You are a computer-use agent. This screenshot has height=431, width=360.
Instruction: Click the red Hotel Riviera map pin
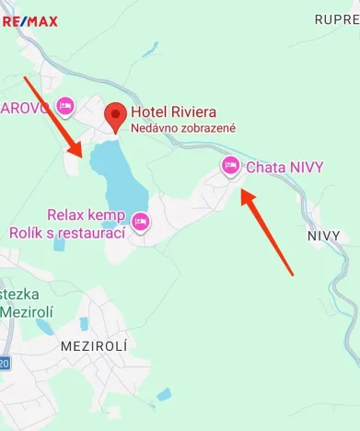(x=115, y=116)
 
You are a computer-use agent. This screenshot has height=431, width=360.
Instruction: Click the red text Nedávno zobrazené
(x=183, y=128)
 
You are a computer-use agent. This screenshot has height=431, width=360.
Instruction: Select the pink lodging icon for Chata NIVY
(x=230, y=166)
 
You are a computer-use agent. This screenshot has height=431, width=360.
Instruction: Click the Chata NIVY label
(x=285, y=167)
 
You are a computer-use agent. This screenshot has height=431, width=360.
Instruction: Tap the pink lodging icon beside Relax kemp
(x=141, y=221)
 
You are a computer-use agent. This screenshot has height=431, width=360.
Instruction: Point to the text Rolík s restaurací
(x=66, y=233)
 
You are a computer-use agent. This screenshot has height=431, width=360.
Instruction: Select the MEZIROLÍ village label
(x=92, y=346)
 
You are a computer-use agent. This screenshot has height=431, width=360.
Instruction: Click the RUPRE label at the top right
(x=336, y=18)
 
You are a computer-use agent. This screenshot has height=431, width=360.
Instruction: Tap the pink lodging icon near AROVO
(x=64, y=106)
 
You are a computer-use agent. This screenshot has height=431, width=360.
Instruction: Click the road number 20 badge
(x=4, y=364)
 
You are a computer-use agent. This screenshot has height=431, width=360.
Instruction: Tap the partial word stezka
(x=22, y=295)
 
